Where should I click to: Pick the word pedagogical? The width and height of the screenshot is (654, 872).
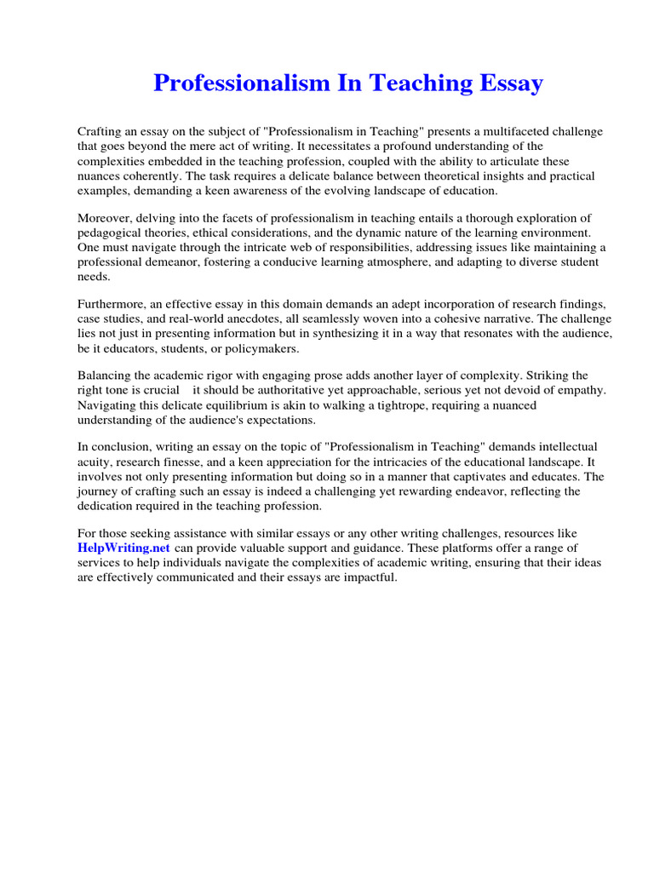[111, 233]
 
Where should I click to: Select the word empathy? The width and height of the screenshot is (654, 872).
[578, 391]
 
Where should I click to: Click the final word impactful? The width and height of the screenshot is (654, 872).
[369, 577]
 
